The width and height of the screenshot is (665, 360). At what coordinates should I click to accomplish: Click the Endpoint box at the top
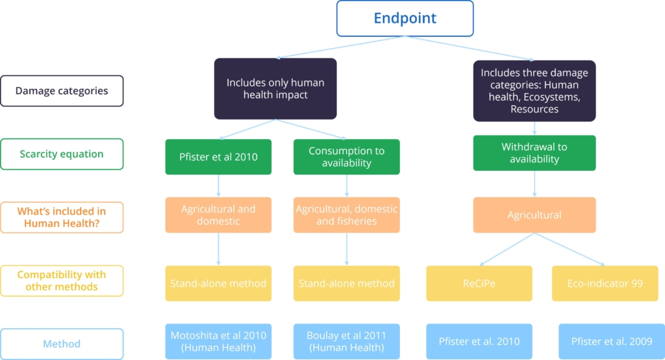tap(405, 18)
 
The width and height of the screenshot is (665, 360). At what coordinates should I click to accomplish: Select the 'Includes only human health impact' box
tap(275, 89)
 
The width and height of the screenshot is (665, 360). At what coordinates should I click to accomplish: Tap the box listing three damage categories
tap(534, 91)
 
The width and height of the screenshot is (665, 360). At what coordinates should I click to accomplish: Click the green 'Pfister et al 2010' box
tap(218, 157)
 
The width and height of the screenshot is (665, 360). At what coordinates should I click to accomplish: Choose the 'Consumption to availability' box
tap(347, 157)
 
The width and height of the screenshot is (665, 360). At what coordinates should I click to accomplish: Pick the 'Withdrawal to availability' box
tap(534, 153)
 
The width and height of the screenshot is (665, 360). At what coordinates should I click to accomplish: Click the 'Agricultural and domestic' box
tap(218, 215)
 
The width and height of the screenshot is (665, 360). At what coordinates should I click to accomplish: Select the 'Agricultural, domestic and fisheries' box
tap(347, 215)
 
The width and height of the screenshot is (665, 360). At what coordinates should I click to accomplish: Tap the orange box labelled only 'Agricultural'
tap(534, 215)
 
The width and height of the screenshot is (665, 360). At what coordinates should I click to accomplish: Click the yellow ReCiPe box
tap(479, 283)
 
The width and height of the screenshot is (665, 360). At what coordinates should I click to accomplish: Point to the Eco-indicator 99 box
tap(605, 283)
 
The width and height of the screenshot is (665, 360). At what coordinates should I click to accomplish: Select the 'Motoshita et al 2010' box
tap(218, 341)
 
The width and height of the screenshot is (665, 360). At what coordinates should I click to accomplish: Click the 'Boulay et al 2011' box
tap(347, 341)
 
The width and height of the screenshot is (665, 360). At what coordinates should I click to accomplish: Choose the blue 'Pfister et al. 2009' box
tap(612, 341)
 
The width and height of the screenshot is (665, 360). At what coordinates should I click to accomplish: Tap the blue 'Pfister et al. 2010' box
tap(479, 341)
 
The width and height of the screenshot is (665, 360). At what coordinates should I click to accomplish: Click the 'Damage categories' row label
tap(62, 91)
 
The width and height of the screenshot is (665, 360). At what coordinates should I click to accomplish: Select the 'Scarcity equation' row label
tap(62, 154)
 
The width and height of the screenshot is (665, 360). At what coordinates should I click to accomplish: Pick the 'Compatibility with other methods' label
tap(62, 281)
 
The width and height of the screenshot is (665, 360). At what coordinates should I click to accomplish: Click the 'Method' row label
tap(62, 344)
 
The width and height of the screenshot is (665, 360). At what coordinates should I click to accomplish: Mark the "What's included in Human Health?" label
tap(62, 217)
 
